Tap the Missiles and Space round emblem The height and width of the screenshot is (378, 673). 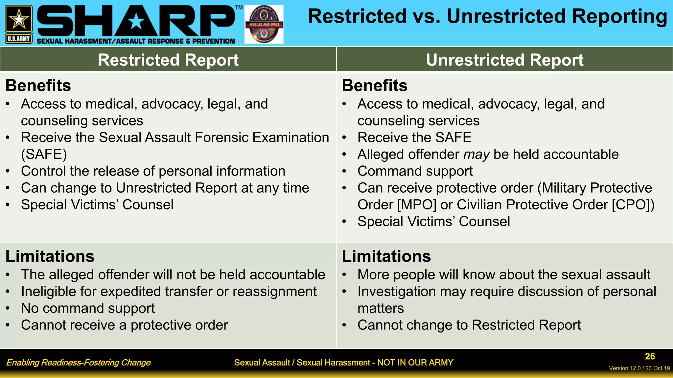pyautogui.click(x=264, y=24)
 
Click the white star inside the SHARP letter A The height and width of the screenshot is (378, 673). pyautogui.click(x=136, y=22)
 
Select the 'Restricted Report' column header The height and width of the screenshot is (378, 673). pyautogui.click(x=168, y=60)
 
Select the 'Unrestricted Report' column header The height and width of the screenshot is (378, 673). pyautogui.click(x=504, y=60)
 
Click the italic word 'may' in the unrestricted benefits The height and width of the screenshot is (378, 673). pyautogui.click(x=476, y=155)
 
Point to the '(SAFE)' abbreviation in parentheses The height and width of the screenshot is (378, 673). pyautogui.click(x=44, y=155)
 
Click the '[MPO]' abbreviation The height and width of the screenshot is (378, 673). pyautogui.click(x=417, y=205)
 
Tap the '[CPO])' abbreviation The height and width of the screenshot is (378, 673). pyautogui.click(x=633, y=205)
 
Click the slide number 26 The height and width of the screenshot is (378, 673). pyautogui.click(x=650, y=356)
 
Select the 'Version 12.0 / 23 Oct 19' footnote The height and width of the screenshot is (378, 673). pyautogui.click(x=639, y=368)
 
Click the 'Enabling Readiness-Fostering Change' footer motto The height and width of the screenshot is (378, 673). pyautogui.click(x=78, y=363)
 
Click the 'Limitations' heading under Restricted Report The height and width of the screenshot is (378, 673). pyautogui.click(x=50, y=256)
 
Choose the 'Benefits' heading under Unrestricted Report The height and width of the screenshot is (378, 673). pyautogui.click(x=375, y=86)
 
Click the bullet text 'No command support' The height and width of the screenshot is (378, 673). pyautogui.click(x=88, y=308)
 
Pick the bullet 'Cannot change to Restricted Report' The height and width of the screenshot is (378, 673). pyautogui.click(x=469, y=325)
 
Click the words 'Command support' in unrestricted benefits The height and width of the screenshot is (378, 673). pyautogui.click(x=415, y=171)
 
